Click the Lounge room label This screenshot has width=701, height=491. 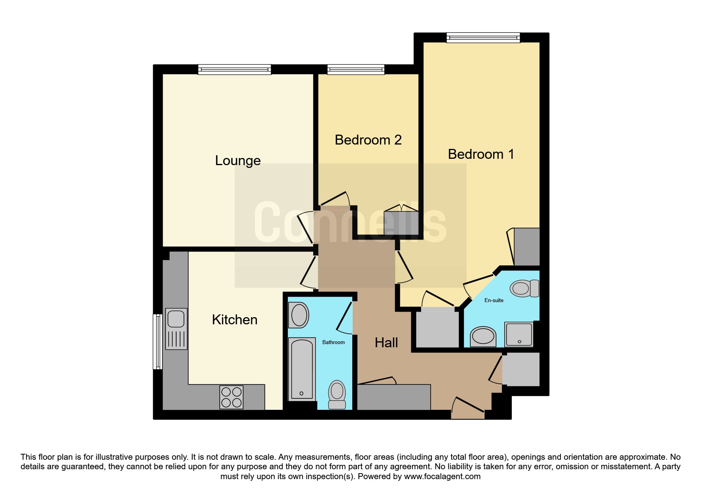tap(237, 160)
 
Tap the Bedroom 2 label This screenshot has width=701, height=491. tap(368, 140)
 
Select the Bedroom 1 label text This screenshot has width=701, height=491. tap(481, 154)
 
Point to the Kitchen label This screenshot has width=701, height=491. tap(235, 320)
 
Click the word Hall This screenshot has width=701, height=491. tap(386, 343)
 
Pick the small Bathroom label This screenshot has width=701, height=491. tap(333, 342)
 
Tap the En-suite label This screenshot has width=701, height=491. tap(494, 300)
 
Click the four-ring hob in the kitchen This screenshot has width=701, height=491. tap(232, 397)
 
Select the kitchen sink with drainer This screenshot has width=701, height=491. tap(176, 329)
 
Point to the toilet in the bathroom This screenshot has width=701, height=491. tap(337, 394)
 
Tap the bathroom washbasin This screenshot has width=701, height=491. tap(299, 315)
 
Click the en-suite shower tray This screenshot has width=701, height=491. tap(519, 334)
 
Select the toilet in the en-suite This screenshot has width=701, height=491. tap(524, 288)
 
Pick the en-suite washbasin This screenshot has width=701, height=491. tap(483, 337)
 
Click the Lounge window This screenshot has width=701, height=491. tap(235, 70)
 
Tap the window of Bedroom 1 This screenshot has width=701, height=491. tap(483, 38)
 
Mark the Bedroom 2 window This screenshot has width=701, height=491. tap(356, 70)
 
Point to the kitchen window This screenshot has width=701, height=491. tap(158, 342)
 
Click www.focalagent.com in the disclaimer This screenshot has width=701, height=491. tap(442, 476)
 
